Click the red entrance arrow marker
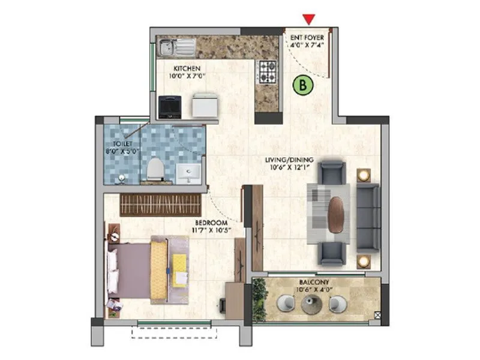[x=309, y=19]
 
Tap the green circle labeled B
[x=304, y=86]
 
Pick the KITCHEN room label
[x=187, y=68]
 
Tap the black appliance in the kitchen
[x=169, y=107]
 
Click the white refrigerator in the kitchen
[x=205, y=107]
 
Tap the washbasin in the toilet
[x=189, y=173]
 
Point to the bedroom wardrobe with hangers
[x=160, y=205]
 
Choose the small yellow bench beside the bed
[x=179, y=269]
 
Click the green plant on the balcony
[x=260, y=298]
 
